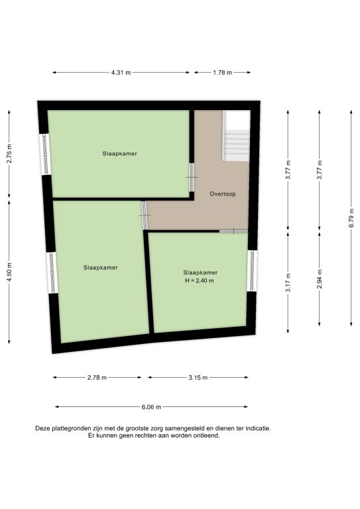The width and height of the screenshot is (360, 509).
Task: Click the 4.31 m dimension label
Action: click(x=121, y=73)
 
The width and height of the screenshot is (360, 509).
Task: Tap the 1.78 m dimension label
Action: click(x=222, y=73)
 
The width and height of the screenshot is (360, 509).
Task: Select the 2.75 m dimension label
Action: click(x=9, y=154)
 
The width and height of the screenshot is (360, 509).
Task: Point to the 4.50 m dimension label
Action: click(x=9, y=272)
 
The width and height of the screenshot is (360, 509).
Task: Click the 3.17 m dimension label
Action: click(x=288, y=282)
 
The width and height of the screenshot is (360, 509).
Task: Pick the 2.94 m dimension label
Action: click(x=320, y=279)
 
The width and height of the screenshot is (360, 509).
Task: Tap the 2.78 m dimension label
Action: click(x=97, y=378)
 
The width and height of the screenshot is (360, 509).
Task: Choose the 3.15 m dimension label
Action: click(x=198, y=378)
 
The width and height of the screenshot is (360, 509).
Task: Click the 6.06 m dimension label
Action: click(x=151, y=407)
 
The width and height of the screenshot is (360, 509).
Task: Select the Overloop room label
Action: click(x=223, y=194)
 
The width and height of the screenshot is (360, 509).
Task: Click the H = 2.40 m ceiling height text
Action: click(x=200, y=281)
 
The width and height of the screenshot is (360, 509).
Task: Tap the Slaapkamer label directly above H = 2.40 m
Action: click(x=200, y=272)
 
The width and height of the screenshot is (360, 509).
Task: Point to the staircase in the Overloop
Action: click(x=236, y=136)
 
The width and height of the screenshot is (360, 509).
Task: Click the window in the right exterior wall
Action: click(x=252, y=270)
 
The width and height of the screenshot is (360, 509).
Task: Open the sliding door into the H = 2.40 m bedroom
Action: click(x=233, y=231)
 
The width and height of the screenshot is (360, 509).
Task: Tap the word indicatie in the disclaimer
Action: click(x=258, y=429)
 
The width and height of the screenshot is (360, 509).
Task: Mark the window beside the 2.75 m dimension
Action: click(x=45, y=154)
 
